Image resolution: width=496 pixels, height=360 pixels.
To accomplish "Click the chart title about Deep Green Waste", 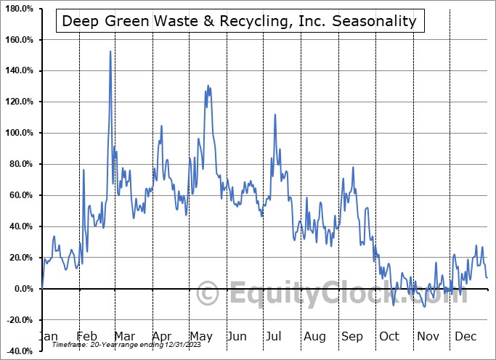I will pyautogui.click(x=239, y=21).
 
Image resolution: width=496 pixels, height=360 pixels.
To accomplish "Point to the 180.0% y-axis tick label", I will pyautogui.click(x=19, y=9).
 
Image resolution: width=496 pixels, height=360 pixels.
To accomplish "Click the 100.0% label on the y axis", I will pyautogui.click(x=19, y=133).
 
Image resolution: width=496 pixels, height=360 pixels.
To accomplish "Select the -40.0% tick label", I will pyautogui.click(x=19, y=351).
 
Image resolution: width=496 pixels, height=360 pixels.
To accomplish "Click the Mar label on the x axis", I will pyautogui.click(x=123, y=336).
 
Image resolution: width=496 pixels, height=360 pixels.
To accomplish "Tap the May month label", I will pyautogui.click(x=200, y=336).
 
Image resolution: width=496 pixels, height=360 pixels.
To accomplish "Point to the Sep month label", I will pyautogui.click(x=352, y=336).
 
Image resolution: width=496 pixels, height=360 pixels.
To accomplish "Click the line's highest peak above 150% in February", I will pyautogui.click(x=110, y=51).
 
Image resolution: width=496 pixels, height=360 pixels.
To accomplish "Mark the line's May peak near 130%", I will pyautogui.click(x=209, y=86).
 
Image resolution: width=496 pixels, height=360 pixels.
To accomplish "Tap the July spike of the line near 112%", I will pyautogui.click(x=275, y=114).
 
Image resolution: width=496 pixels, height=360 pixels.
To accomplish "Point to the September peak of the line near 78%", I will pyautogui.click(x=353, y=168).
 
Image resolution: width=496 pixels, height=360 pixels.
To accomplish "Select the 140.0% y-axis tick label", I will pyautogui.click(x=19, y=70).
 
